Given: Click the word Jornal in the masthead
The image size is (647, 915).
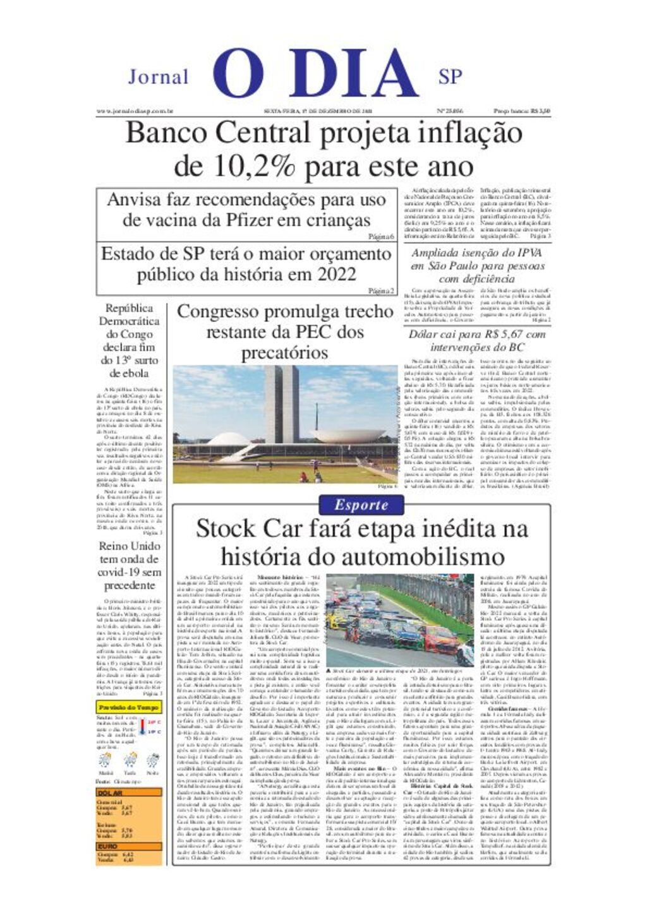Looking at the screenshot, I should pos(158,77).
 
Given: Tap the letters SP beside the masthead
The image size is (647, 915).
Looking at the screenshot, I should pos(450,77).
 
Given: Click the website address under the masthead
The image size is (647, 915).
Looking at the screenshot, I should pos(135,111).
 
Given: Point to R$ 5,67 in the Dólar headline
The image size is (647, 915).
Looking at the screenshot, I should pos(503,334).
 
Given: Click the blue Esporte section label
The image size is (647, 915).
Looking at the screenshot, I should pos(361,505).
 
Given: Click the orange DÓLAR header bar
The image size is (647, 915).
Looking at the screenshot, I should pos(129,793).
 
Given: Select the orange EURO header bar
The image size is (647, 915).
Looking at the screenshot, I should pos(129,846).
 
